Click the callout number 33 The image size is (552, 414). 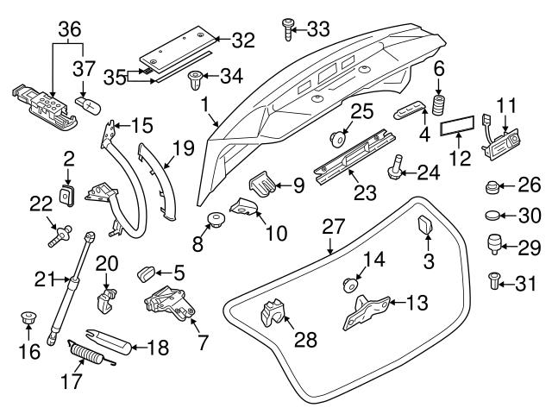[318, 29]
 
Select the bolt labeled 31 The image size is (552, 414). [495, 281]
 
